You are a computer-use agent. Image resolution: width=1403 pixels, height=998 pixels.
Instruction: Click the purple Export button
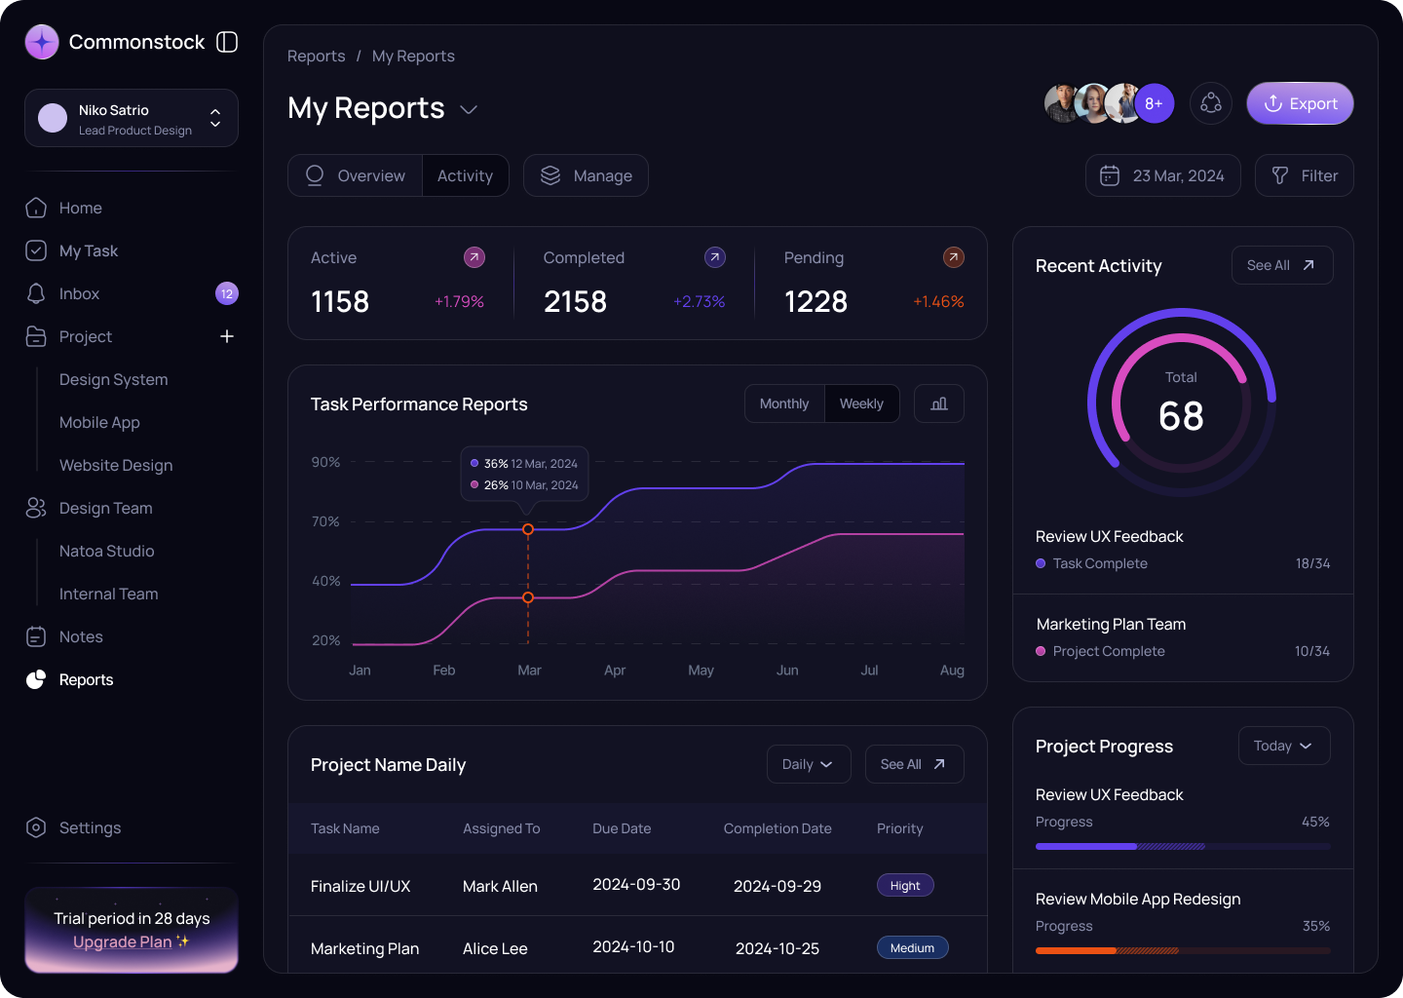[x=1300, y=103]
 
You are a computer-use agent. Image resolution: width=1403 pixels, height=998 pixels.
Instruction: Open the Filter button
[x=1304, y=175]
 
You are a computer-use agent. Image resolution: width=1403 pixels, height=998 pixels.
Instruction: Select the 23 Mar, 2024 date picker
[x=1162, y=175]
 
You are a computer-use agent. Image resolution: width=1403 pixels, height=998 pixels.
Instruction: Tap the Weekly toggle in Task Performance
[x=861, y=403]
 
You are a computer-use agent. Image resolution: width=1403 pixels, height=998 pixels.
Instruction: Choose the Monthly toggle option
[x=784, y=403]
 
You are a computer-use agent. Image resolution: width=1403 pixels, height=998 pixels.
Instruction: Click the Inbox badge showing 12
[x=227, y=293]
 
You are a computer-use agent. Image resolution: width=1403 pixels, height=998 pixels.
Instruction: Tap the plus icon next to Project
[x=227, y=336]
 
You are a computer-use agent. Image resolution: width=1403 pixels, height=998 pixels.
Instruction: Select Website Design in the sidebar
[x=116, y=465]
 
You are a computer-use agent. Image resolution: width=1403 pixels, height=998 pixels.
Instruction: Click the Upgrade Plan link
[x=123, y=941]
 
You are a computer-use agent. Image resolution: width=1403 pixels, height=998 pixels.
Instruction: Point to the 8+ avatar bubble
[x=1154, y=103]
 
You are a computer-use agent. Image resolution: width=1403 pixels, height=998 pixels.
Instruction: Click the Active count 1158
[x=340, y=302]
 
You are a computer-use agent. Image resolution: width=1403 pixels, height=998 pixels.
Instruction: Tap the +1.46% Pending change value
[x=938, y=302]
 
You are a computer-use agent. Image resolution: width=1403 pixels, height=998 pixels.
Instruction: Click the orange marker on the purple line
[x=528, y=529]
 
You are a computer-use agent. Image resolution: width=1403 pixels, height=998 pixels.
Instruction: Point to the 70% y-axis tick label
[x=325, y=521]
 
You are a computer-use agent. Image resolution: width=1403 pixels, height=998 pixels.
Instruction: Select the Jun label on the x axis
[x=787, y=671]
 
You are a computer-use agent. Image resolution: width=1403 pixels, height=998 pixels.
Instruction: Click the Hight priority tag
[x=905, y=885]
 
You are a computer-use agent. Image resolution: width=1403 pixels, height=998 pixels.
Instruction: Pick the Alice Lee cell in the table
[x=495, y=948]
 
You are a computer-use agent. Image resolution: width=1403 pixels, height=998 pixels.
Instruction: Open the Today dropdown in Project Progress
[x=1283, y=746]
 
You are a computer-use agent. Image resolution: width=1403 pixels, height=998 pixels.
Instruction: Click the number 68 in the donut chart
[x=1181, y=416]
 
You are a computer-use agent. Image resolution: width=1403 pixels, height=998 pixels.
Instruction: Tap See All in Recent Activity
[x=1281, y=265]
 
